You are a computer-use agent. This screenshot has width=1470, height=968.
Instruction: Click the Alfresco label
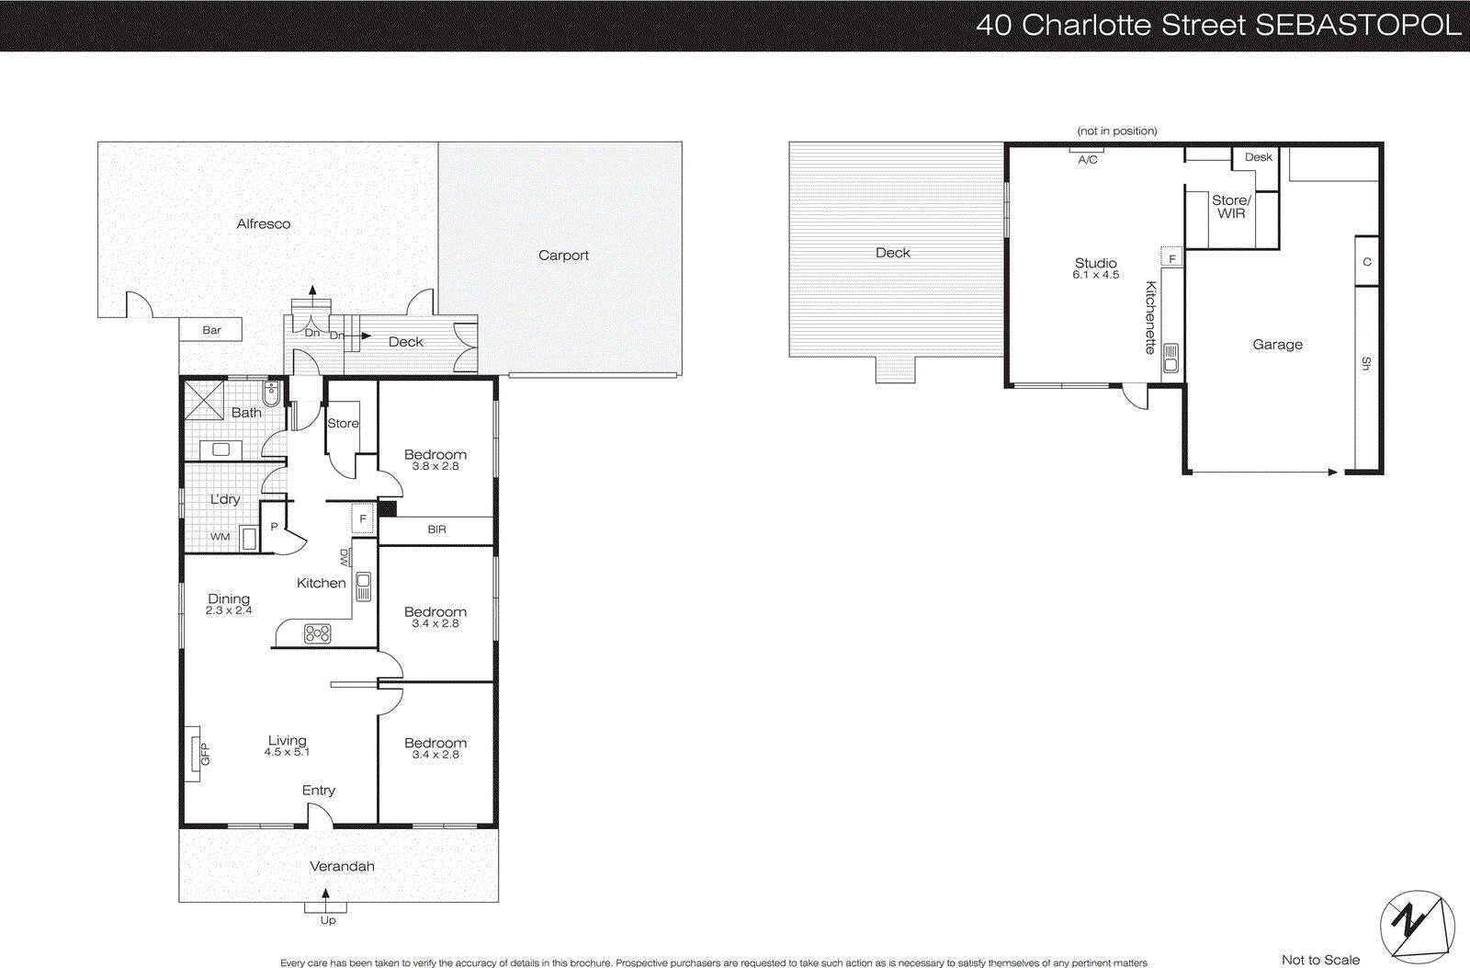pyautogui.click(x=263, y=223)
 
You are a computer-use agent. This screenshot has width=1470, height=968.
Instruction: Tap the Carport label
pyautogui.click(x=563, y=256)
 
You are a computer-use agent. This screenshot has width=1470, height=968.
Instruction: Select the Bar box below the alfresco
pyautogui.click(x=211, y=330)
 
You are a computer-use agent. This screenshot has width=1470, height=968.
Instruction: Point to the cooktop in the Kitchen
pyautogui.click(x=317, y=633)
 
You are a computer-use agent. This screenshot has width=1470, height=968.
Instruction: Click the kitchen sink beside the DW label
pyautogui.click(x=364, y=586)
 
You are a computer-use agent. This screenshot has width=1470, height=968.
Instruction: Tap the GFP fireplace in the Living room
pyautogui.click(x=193, y=754)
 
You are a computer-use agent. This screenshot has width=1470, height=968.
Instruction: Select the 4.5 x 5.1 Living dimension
pyautogui.click(x=287, y=752)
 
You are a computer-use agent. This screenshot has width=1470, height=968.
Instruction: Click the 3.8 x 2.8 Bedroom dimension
pyautogui.click(x=435, y=466)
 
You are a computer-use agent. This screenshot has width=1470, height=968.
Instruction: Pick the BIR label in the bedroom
pyautogui.click(x=436, y=530)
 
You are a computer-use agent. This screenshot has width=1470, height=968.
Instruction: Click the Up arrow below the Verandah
pyautogui.click(x=325, y=894)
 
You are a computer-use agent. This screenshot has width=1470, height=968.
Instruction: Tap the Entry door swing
pyautogui.click(x=319, y=814)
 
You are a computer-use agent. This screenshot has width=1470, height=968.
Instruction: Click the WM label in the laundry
pyautogui.click(x=220, y=537)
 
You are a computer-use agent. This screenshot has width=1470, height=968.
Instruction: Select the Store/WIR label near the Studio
pyautogui.click(x=1231, y=207)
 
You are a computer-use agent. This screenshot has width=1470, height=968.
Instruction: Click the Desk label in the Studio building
pyautogui.click(x=1258, y=157)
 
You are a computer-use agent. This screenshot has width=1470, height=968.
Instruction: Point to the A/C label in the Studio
pyautogui.click(x=1088, y=160)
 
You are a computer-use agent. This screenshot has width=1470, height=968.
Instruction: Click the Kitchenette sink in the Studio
pyautogui.click(x=1170, y=358)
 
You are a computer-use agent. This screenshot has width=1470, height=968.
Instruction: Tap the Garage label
pyautogui.click(x=1277, y=345)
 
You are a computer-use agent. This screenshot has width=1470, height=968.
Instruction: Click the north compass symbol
pyautogui.click(x=1417, y=926)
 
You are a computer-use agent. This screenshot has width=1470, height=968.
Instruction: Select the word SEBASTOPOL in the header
pyautogui.click(x=1357, y=25)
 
